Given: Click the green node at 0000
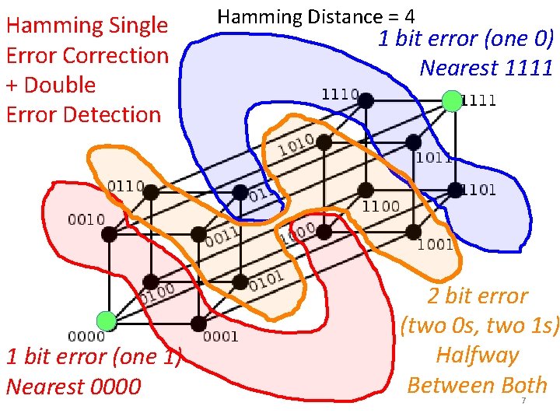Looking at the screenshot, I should pyautogui.click(x=107, y=320).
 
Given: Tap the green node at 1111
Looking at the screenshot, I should pyautogui.click(x=451, y=100).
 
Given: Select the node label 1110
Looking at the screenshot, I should pyautogui.click(x=339, y=94).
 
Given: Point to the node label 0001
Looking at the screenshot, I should pyautogui.click(x=220, y=337).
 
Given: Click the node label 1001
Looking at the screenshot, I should pyautogui.click(x=436, y=245).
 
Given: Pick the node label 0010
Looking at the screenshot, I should pyautogui.click(x=86, y=219).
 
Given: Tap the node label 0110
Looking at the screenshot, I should pyautogui.click(x=124, y=186).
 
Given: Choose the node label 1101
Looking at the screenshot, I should pyautogui.click(x=479, y=191).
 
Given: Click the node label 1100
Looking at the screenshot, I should pyautogui.click(x=381, y=206).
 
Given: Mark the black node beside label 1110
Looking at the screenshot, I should pyautogui.click(x=366, y=100).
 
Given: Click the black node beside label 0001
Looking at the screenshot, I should pyautogui.click(x=198, y=322).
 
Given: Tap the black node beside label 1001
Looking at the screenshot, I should pyautogui.click(x=415, y=231).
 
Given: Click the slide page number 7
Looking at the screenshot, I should pyautogui.click(x=523, y=401).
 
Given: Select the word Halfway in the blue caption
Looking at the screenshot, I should pyautogui.click(x=477, y=355).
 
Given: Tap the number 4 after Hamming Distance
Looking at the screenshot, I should pyautogui.click(x=409, y=16).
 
